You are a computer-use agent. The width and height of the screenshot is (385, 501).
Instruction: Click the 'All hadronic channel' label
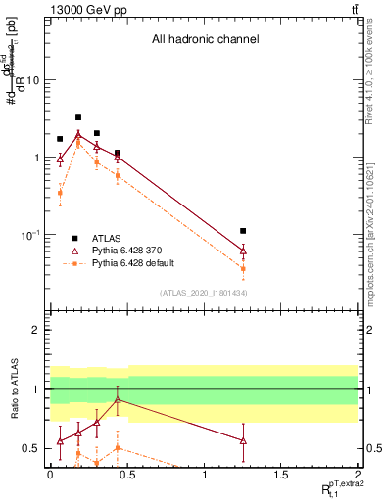pos(204,39)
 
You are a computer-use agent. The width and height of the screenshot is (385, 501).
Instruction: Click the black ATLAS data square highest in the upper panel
pos(78,117)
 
